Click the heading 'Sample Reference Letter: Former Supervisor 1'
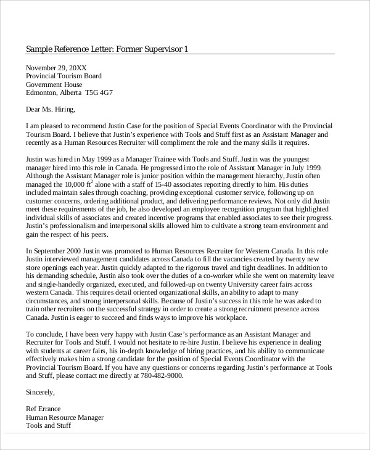pos(107,49)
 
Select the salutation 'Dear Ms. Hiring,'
pos(51,110)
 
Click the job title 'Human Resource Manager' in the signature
pos(65,417)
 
